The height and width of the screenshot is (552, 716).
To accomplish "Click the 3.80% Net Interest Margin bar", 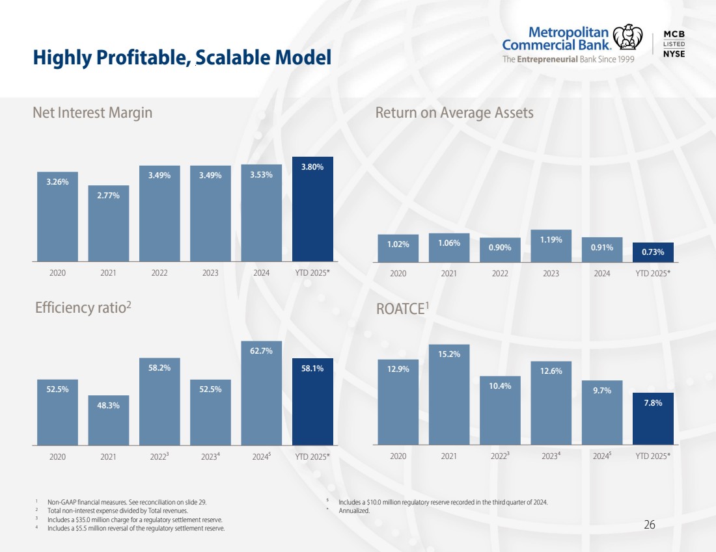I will [312, 209].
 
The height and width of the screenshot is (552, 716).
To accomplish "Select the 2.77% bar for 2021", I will [109, 224].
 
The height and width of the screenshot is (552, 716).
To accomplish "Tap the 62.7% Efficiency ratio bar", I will [262, 393].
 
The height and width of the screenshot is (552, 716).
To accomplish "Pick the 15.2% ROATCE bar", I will [449, 395].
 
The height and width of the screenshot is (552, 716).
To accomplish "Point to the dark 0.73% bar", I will [653, 252].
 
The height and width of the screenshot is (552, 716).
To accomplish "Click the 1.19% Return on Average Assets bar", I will [551, 246].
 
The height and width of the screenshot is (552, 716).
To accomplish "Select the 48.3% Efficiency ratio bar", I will [109, 420].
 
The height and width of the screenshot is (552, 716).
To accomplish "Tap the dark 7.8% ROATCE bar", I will [653, 419].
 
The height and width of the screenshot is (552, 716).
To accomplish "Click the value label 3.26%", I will [57, 183].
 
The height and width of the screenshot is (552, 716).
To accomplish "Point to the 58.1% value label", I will [312, 369].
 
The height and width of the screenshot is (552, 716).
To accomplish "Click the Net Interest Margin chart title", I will [92, 112].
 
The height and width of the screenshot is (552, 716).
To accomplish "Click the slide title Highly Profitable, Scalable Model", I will [182, 59].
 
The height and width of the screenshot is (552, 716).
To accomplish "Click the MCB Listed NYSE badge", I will [673, 44].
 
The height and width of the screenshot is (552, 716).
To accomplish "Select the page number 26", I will [649, 525].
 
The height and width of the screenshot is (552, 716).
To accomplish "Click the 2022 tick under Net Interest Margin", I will [159, 273].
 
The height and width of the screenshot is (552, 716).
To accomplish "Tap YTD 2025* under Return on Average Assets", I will [653, 273].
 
